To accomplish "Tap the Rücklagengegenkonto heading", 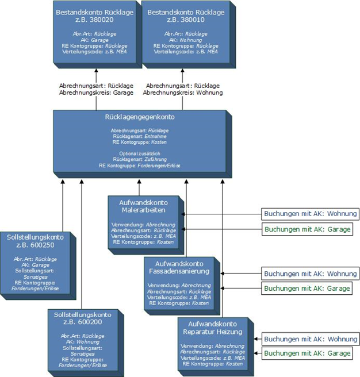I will (x=140, y=117).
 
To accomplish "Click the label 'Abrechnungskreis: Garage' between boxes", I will (x=96, y=93).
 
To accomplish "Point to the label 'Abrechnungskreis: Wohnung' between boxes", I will (x=183, y=93).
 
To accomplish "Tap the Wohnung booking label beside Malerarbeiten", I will (x=310, y=214).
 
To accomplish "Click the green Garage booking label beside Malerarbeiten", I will (x=308, y=229).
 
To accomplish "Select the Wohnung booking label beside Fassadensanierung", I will (x=310, y=274).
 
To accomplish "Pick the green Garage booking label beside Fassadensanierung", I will (x=308, y=288).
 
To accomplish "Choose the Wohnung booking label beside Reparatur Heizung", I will (x=310, y=339).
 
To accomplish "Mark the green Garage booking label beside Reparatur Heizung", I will (x=308, y=353).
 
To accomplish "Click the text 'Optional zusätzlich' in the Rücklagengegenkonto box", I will (x=140, y=153).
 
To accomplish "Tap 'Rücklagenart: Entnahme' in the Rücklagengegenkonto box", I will (x=140, y=136).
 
